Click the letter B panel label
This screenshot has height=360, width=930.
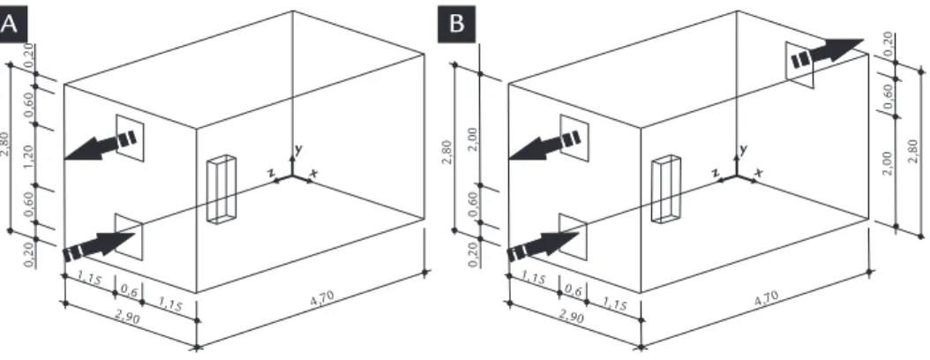click(x=457, y=25)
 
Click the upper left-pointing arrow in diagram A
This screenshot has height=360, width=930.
click(x=101, y=146)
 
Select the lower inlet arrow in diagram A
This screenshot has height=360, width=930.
click(x=98, y=245)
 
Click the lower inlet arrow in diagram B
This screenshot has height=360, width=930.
click(x=543, y=245)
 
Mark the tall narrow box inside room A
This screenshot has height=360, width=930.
click(x=221, y=189)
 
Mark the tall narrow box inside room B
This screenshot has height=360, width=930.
click(x=665, y=189)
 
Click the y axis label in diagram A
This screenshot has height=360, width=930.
click(x=297, y=150)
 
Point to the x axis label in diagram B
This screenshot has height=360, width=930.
click(x=759, y=173)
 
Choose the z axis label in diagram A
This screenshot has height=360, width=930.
click(x=271, y=172)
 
